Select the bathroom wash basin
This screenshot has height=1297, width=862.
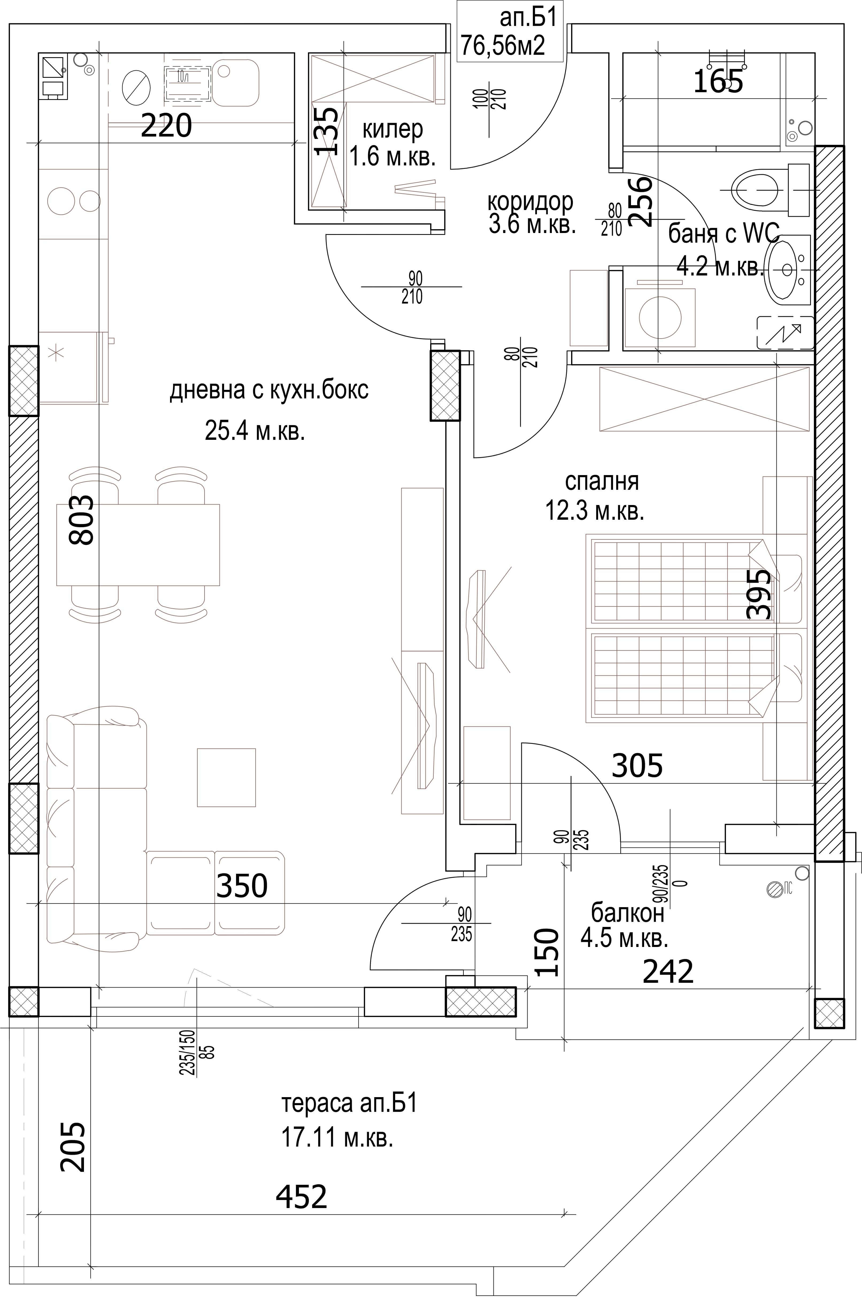[789, 269]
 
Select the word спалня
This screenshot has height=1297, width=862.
[602, 481]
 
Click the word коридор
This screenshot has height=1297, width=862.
[530, 202]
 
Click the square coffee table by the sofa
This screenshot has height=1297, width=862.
[226, 777]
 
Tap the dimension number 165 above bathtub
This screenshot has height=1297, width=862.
[718, 81]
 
